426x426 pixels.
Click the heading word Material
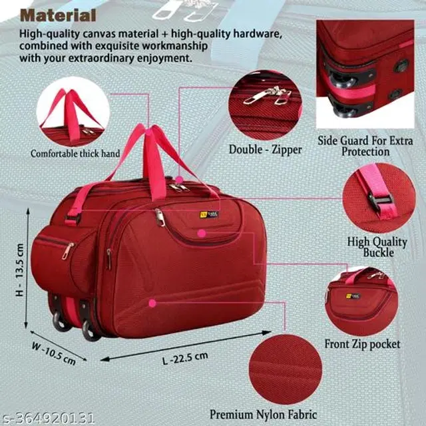[x=58, y=15]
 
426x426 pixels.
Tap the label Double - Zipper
[x=265, y=150]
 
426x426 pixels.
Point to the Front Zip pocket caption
[x=362, y=344]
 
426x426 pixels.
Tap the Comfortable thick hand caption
[x=75, y=154]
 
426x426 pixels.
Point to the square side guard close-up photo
[x=365, y=74]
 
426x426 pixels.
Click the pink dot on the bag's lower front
[x=152, y=303]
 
